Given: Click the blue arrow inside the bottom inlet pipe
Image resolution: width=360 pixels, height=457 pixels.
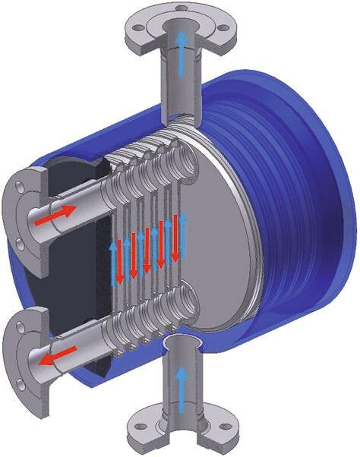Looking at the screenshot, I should [x=180, y=383].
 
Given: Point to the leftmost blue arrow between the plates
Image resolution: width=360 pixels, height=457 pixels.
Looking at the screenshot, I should [x=115, y=258].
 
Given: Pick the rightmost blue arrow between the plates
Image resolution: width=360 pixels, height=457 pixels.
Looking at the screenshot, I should [x=183, y=232].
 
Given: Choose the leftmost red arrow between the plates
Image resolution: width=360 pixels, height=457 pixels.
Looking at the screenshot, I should [x=132, y=255].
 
